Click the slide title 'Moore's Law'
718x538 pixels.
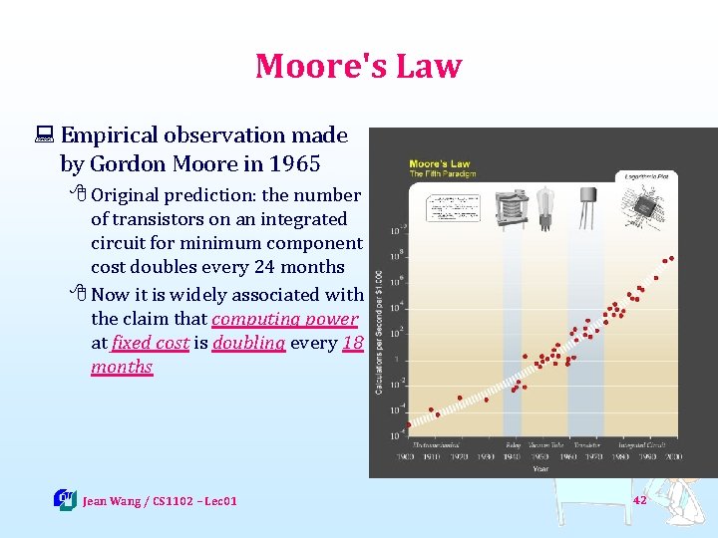tap(359, 66)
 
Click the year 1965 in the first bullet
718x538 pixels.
tap(295, 163)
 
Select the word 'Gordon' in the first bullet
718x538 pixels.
tap(128, 163)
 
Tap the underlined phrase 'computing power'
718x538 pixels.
tap(284, 319)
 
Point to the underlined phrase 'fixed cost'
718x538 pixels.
tap(150, 343)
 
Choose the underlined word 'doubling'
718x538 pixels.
tap(248, 343)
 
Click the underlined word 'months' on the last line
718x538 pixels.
tap(122, 367)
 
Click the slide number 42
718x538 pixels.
tap(639, 500)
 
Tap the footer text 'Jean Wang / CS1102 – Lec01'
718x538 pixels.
tap(160, 501)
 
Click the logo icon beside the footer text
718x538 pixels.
tap(65, 499)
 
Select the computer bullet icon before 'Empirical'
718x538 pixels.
tap(46, 135)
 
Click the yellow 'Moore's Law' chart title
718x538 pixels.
tap(439, 163)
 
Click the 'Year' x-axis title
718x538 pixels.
tap(539, 467)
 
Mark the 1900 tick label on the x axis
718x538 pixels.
tap(406, 456)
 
